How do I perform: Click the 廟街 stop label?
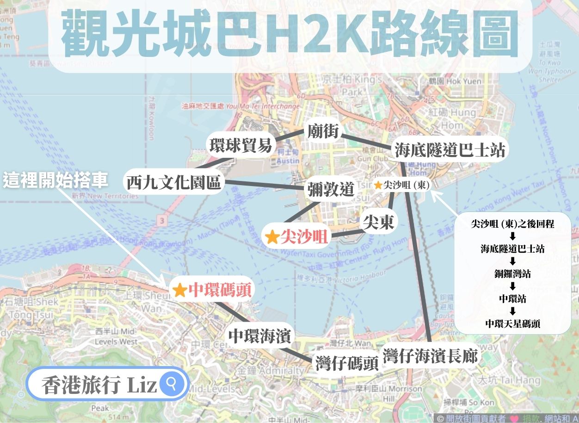pos(324,132)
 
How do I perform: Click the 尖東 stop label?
pos(378,223)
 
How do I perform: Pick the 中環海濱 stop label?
pos(259,336)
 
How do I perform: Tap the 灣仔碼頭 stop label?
pos(347,363)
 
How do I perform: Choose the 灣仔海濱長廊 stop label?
pos(430,356)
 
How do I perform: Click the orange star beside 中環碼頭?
pos(179,291)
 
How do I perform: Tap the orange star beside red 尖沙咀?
pos(272,237)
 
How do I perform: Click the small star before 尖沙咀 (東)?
pos(378,185)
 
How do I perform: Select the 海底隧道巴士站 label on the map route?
pos(450,150)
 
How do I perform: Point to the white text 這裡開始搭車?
pos(55,180)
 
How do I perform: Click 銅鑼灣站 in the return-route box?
pos(512,274)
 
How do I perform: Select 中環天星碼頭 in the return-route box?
pos(512,323)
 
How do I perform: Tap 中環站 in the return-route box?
pos(512,299)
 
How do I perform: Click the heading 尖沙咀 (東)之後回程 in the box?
pos(512,224)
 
